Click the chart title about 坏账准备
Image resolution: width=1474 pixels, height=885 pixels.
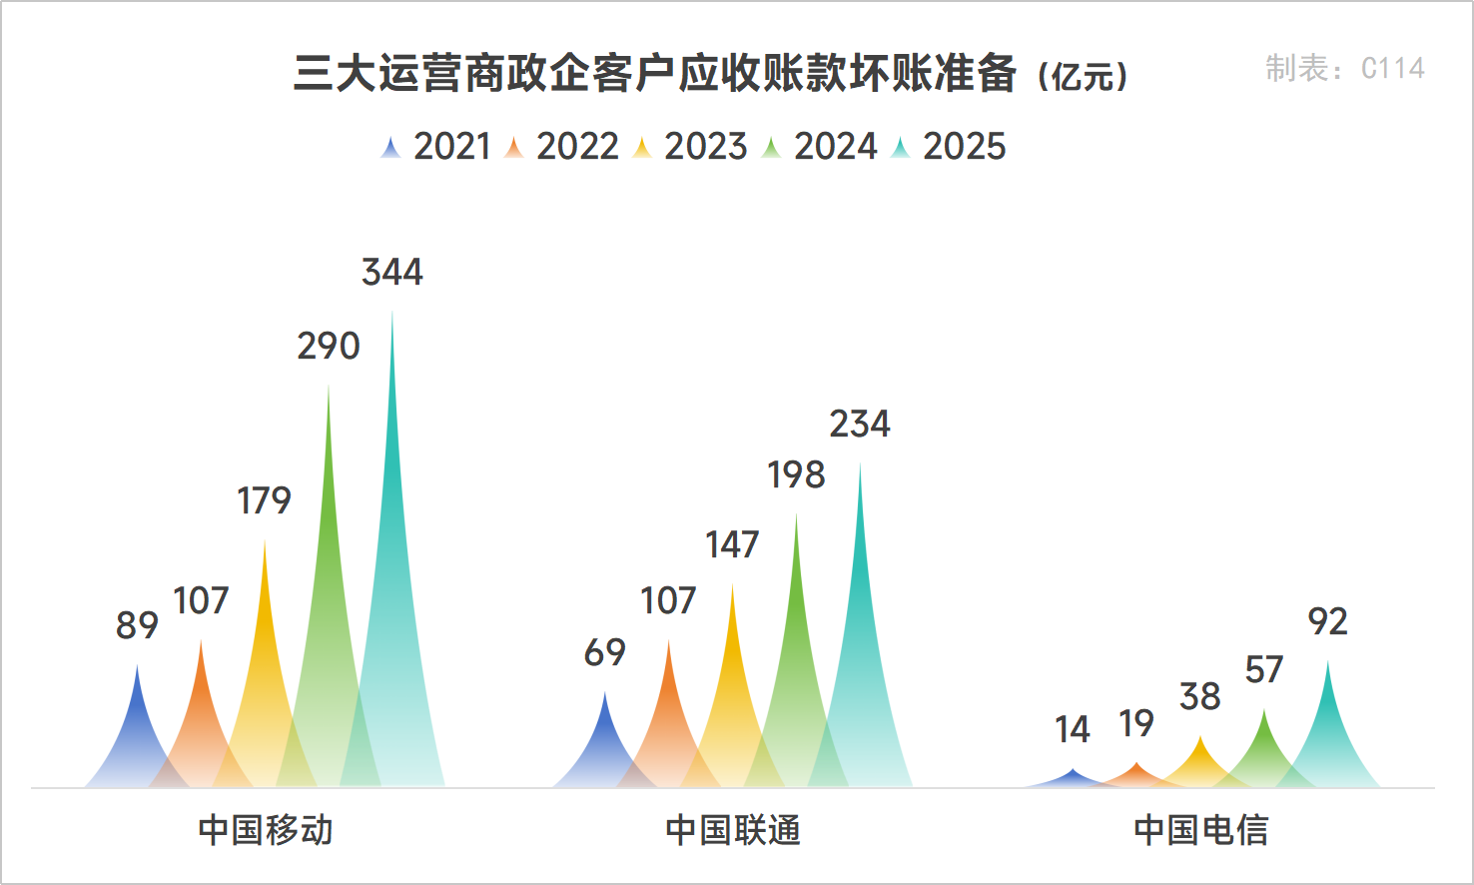point(710,74)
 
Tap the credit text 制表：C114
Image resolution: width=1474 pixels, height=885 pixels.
point(1344,68)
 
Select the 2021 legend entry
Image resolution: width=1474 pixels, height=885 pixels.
point(436,147)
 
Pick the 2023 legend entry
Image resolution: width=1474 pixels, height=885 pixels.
point(691,147)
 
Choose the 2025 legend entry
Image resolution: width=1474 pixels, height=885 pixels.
point(950,147)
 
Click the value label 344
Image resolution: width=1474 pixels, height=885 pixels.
point(392,272)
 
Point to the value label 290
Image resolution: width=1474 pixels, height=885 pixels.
point(329,347)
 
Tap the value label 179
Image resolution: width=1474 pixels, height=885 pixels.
point(264,500)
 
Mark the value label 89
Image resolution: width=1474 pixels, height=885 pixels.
point(137,625)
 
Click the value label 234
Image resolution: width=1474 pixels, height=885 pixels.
point(860,425)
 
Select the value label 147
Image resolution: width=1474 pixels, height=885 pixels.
point(732,545)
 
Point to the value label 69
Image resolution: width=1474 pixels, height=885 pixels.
point(604,653)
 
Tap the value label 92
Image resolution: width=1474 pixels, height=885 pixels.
point(1327,622)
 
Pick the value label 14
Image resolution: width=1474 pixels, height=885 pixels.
point(1073,730)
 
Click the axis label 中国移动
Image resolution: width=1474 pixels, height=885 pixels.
point(265,830)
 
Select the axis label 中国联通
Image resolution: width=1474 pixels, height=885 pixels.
point(732,830)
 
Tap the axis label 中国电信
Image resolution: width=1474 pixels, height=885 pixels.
point(1200,830)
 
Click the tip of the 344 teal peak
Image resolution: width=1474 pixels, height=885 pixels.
point(392,312)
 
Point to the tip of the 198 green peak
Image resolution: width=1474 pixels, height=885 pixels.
point(796,514)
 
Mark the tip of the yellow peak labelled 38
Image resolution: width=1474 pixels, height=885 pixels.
point(1200,737)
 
